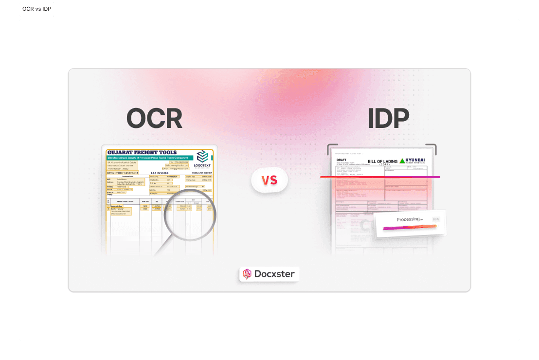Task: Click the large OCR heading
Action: [x=154, y=118]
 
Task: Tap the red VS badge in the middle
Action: [x=269, y=180]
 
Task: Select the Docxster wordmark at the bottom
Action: [x=274, y=274]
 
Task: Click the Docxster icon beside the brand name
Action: [x=247, y=274]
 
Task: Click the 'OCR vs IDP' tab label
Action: [x=37, y=9]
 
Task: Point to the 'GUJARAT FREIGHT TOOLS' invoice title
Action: [x=143, y=152]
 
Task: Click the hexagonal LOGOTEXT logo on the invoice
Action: [x=202, y=156]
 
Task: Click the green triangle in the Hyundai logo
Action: [x=402, y=161]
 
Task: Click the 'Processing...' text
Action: [x=410, y=219]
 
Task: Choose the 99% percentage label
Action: [x=435, y=219]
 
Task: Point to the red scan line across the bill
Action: [x=379, y=177]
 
